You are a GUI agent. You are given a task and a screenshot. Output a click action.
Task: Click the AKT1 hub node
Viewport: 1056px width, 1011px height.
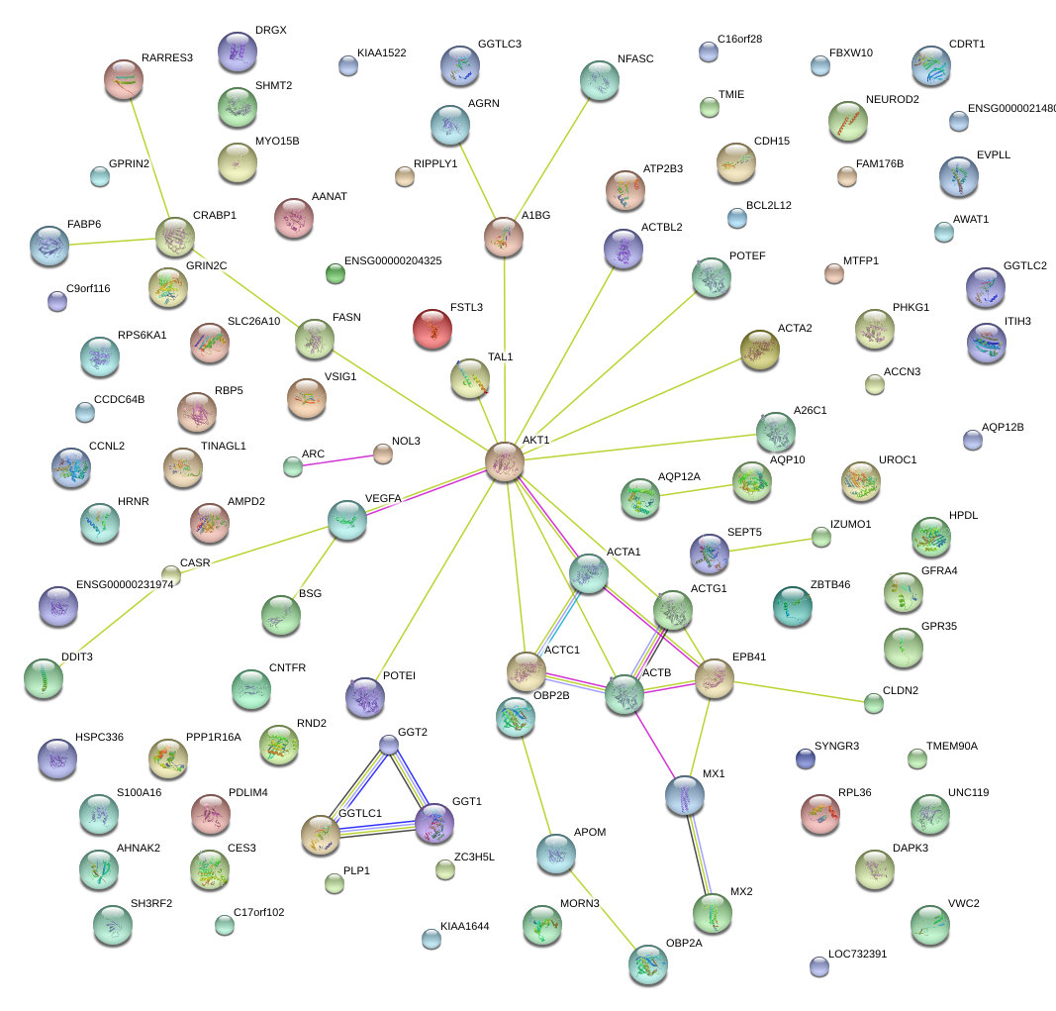click(x=505, y=461)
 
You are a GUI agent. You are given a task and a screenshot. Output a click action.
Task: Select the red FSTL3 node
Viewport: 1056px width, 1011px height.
click(x=432, y=329)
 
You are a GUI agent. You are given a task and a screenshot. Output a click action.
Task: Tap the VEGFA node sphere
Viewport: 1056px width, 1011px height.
click(x=347, y=520)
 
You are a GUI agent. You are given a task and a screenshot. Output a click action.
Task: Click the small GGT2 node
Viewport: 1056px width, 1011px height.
click(x=390, y=745)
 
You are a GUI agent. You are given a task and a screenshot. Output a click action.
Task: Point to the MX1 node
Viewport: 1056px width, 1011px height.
click(x=685, y=794)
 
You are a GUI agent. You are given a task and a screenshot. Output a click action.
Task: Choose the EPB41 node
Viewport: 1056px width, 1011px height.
click(x=715, y=677)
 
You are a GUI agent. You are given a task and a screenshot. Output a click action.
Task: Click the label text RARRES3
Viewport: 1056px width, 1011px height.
click(x=167, y=58)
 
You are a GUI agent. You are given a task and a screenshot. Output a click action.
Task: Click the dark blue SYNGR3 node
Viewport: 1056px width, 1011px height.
click(x=806, y=758)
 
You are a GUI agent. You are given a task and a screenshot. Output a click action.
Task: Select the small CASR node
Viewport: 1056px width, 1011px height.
click(x=171, y=573)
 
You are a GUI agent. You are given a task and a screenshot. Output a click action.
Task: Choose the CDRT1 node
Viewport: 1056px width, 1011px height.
click(x=930, y=65)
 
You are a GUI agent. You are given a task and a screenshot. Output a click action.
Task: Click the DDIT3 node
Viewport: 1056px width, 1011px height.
click(x=44, y=678)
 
